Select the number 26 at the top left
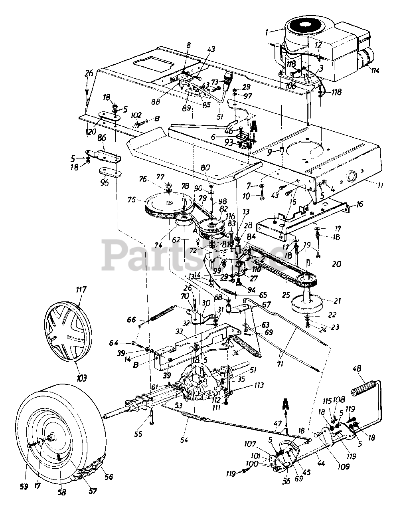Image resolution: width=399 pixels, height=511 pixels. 89,73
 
